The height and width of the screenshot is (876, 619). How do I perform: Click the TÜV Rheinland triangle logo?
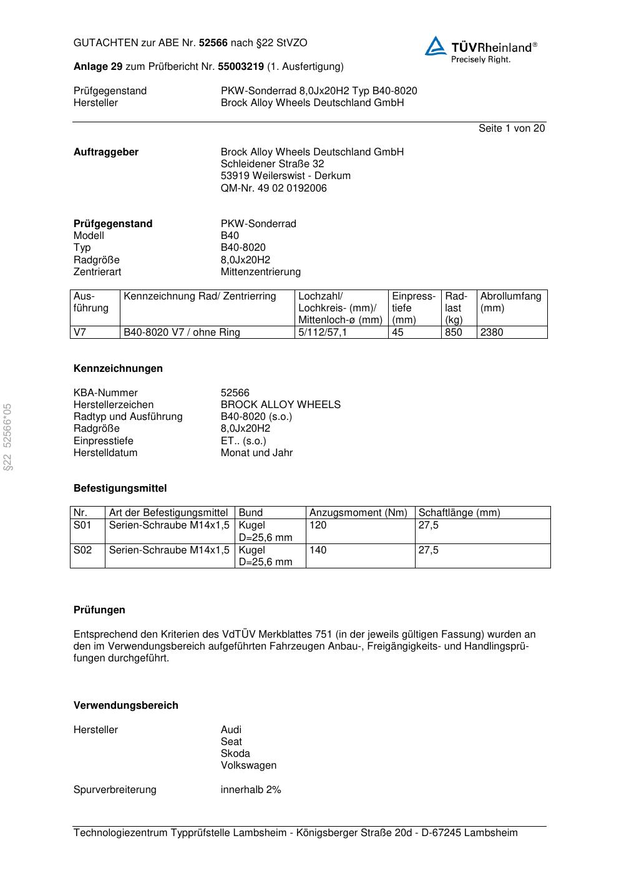pos(436,46)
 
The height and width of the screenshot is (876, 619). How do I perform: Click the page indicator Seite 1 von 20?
pos(511,128)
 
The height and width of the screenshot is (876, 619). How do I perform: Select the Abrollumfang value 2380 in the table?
pos(491,332)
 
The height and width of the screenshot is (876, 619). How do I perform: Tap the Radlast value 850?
pos(453,332)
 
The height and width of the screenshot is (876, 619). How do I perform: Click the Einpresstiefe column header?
pos(413,308)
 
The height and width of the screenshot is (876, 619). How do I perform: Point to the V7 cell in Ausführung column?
pos(80,332)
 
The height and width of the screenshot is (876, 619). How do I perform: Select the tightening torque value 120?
pos(318,525)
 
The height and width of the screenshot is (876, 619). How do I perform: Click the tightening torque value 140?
pos(318,550)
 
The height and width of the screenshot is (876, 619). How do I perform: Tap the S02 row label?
pos(82,550)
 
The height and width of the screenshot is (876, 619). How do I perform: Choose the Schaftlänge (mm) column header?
pos(459,512)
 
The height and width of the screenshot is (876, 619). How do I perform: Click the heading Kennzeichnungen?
pos(118,368)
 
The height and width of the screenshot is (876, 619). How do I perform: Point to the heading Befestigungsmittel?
pos(120,488)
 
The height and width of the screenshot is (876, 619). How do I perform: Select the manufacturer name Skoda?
pos(235,753)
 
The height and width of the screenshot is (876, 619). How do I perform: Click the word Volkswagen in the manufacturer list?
pos(248,765)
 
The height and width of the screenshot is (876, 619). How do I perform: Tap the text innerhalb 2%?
pos(250,789)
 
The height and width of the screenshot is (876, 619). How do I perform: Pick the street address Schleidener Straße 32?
pos(272,163)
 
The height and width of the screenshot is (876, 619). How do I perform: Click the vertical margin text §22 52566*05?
pos(7,437)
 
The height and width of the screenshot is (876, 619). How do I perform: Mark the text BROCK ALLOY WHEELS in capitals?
pos(280,404)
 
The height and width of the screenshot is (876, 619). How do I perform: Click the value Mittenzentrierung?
pos(260,271)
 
